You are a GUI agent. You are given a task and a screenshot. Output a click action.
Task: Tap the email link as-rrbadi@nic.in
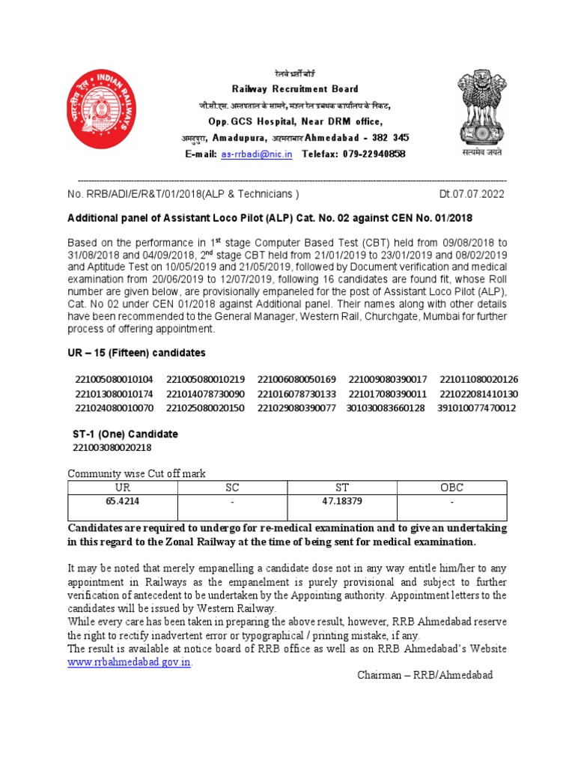coord(256,154)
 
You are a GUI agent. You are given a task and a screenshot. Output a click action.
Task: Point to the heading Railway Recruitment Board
coord(294,88)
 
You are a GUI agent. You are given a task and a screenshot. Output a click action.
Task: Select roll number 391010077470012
coord(477,408)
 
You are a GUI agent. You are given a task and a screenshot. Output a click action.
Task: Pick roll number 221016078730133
coord(297,394)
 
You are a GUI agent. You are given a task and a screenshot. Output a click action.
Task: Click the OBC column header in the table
coord(451,488)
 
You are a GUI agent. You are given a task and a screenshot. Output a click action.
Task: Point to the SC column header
coord(232,488)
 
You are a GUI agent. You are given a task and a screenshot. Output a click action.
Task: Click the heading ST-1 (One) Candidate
coord(125,434)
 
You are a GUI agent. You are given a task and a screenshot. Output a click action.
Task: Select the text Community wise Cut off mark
coord(136,473)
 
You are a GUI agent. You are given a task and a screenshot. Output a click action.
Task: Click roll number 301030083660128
coord(386,408)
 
